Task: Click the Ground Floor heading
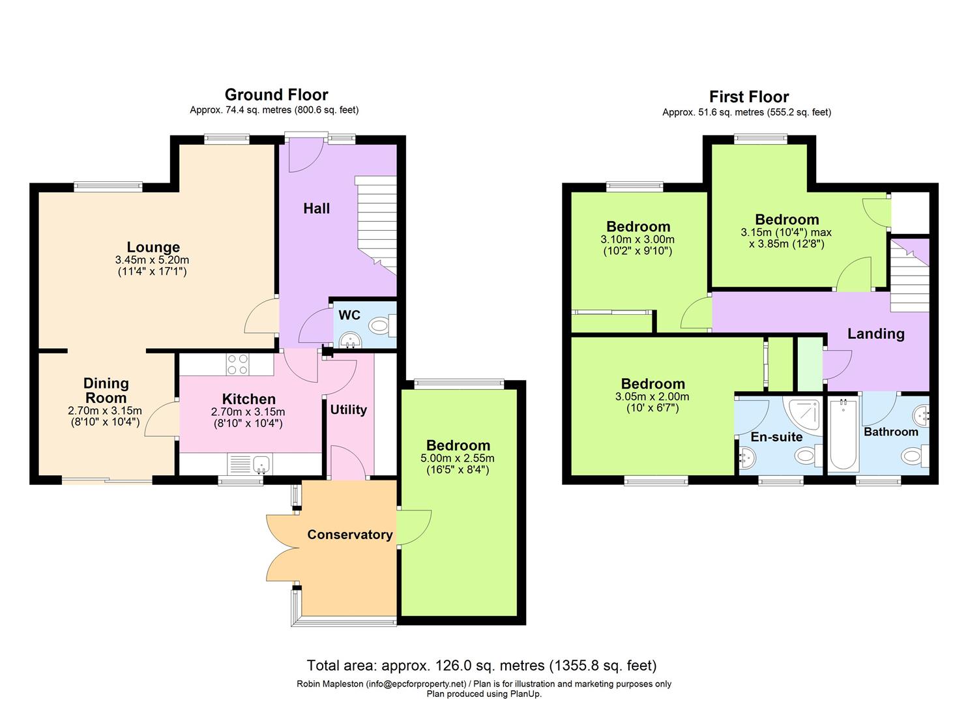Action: (x=276, y=95)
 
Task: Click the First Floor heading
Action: (x=749, y=97)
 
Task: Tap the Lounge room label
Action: (x=153, y=247)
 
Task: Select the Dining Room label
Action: (x=106, y=390)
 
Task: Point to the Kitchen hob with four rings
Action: (x=238, y=364)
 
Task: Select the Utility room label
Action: (x=348, y=409)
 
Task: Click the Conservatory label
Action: (x=349, y=535)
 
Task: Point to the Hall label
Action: (x=316, y=209)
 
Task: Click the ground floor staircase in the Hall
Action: (x=376, y=225)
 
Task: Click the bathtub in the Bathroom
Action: (x=843, y=435)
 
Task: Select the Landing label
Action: (x=875, y=334)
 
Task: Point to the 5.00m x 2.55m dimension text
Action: (x=458, y=458)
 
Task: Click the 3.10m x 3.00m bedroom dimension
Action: (x=638, y=239)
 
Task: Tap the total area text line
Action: (x=482, y=666)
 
